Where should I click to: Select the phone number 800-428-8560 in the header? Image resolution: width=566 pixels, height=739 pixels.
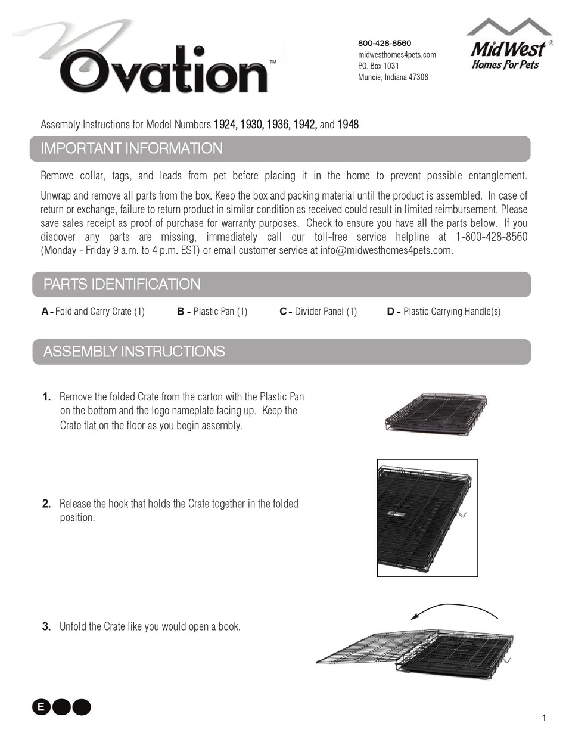(x=384, y=44)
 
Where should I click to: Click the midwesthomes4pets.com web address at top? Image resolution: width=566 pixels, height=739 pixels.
(x=397, y=55)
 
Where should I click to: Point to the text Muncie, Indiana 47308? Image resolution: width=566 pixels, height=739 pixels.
(x=393, y=77)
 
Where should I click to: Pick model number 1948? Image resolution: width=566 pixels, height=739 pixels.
(x=348, y=125)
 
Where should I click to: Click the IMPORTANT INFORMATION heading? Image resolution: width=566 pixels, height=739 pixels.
(x=132, y=149)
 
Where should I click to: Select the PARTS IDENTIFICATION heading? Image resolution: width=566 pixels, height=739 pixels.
(x=122, y=285)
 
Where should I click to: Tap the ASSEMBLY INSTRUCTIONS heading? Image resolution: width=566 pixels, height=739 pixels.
(x=134, y=352)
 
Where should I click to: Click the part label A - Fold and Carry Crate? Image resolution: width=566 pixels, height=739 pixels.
(x=94, y=312)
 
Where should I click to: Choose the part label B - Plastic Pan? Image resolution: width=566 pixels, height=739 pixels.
(x=212, y=312)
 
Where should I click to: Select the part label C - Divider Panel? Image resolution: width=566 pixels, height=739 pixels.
(x=318, y=312)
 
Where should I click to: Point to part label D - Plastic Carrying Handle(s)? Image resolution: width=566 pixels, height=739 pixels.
(x=444, y=312)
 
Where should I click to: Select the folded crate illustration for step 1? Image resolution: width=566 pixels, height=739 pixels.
(x=436, y=412)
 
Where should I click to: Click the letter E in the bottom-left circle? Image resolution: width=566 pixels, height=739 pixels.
(x=41, y=707)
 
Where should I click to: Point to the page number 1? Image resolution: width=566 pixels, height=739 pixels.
(x=543, y=718)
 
